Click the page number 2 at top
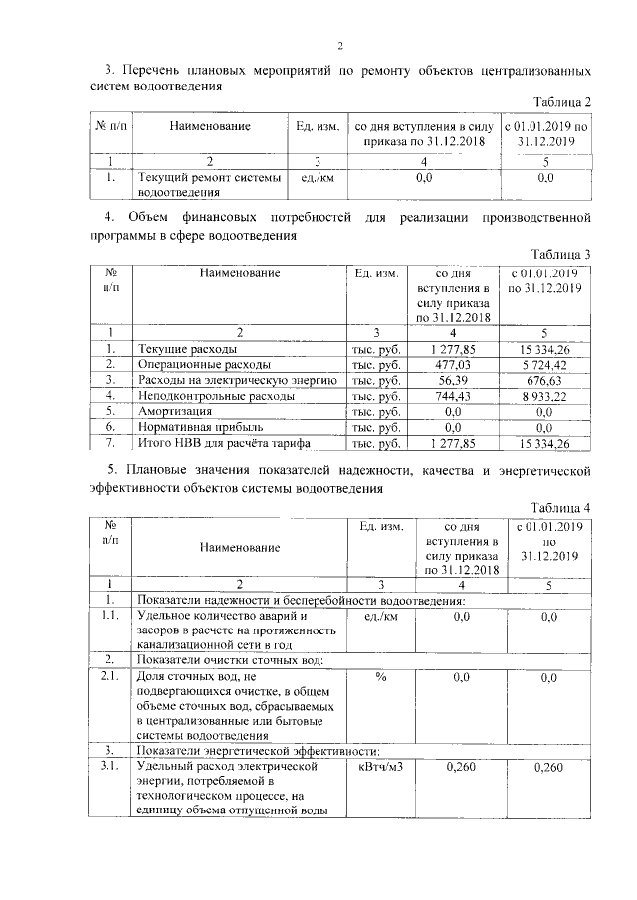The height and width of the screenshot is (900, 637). click(339, 45)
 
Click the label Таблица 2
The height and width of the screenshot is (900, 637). click(562, 103)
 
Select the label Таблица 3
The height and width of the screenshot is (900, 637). click(562, 254)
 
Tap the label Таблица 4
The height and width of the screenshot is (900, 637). click(562, 507)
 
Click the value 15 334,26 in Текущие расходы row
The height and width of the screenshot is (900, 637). click(544, 350)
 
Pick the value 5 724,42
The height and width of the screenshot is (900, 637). click(544, 365)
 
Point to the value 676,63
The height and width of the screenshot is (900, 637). click(544, 380)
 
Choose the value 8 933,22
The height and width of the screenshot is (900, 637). click(544, 395)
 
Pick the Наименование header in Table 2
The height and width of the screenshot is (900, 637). click(209, 126)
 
